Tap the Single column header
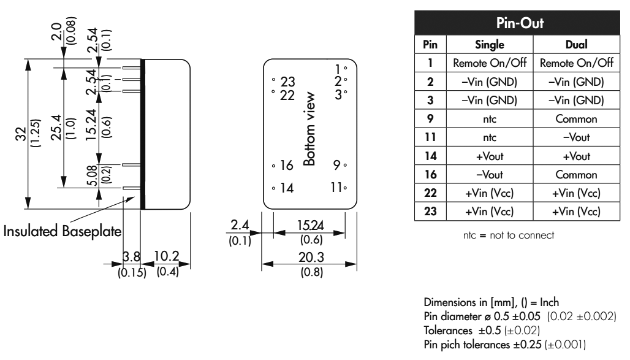click(491, 45)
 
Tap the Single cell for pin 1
click(491, 62)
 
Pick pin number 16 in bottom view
click(287, 165)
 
